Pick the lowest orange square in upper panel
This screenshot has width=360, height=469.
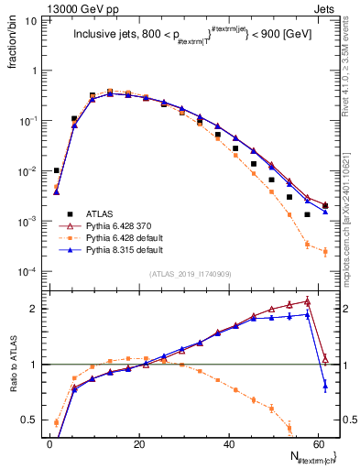point(325,252)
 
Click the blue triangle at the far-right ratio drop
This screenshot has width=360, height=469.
point(325,387)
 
